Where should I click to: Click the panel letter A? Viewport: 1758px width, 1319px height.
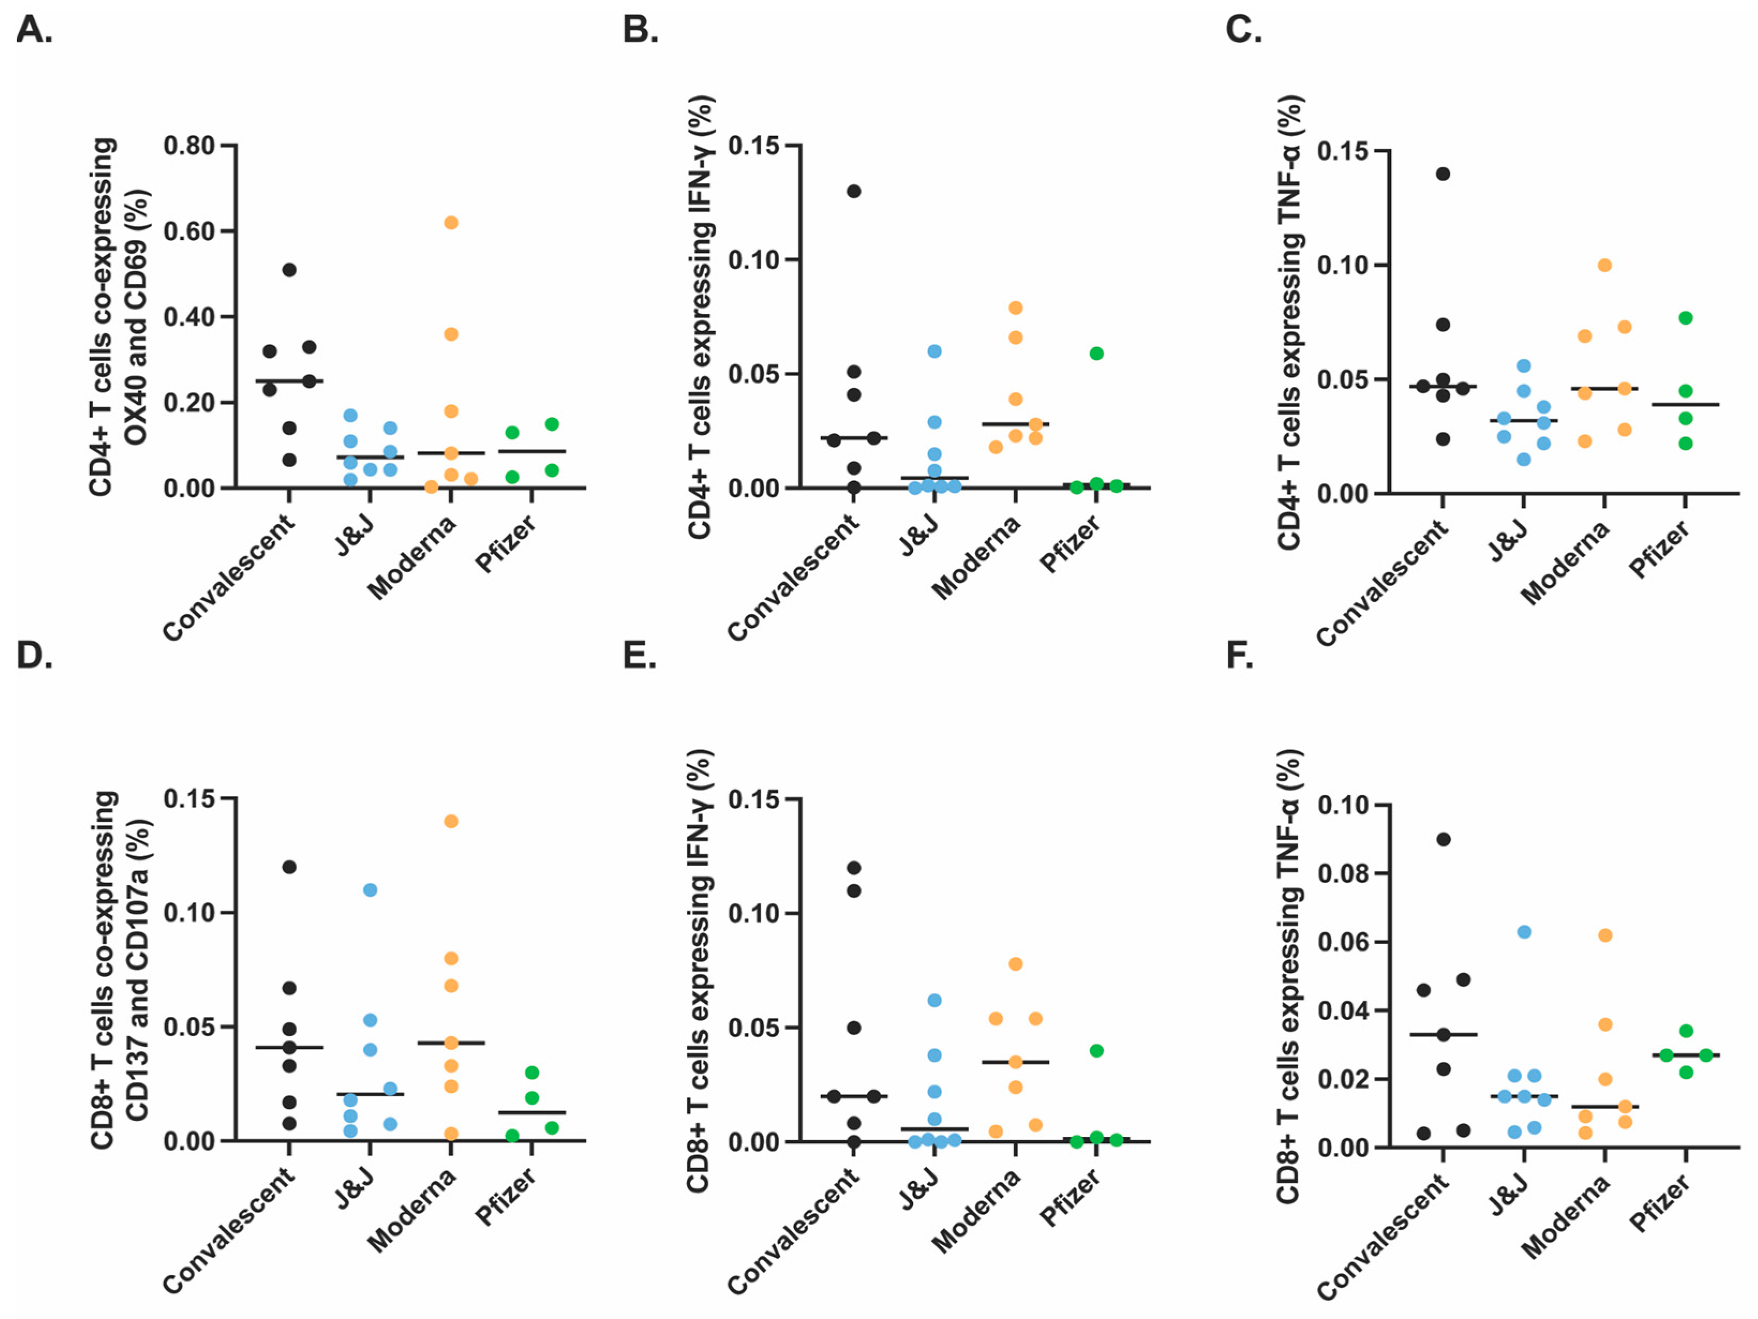[33, 30]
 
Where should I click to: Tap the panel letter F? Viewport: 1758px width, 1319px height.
[1240, 656]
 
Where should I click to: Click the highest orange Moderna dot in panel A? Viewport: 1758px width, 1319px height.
[451, 222]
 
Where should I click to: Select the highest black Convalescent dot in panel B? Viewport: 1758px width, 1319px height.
[854, 191]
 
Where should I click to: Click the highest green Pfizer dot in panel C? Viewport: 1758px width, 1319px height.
[1685, 318]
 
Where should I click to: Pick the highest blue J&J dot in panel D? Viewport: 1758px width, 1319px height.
[370, 890]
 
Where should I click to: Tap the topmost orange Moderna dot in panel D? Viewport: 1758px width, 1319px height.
[451, 821]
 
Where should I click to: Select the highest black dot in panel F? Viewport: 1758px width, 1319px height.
[1443, 839]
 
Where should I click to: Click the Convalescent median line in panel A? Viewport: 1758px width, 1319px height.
[289, 380]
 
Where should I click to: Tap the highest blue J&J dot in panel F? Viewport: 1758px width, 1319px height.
[1523, 931]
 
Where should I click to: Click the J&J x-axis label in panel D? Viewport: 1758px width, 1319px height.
[355, 1189]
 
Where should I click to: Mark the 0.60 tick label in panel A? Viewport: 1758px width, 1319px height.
[189, 231]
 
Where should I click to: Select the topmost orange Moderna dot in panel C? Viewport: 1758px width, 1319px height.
[1605, 265]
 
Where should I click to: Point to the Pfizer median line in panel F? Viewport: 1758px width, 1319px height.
[1685, 1055]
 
